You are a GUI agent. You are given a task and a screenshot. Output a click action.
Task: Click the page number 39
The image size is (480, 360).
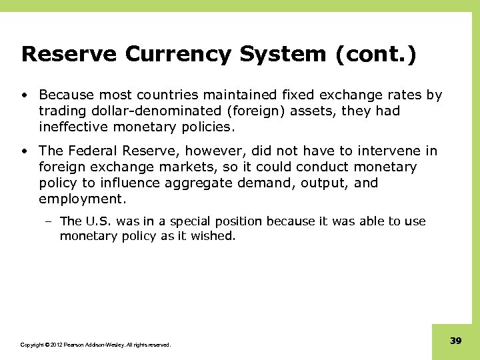click(456, 341)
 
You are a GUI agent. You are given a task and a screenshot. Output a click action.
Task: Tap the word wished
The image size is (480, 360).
click(215, 235)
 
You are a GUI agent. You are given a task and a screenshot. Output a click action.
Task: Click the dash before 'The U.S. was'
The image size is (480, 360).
click(52, 221)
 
